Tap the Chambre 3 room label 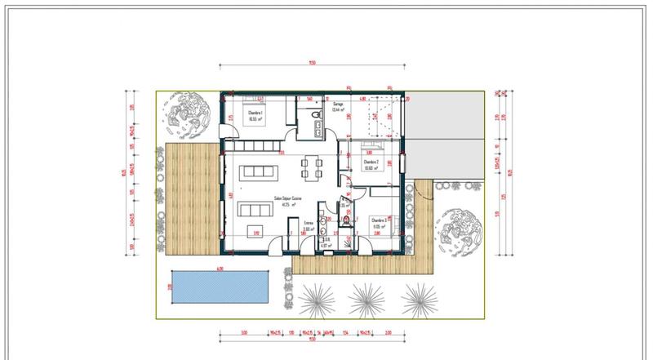377,220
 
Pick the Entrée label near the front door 309,222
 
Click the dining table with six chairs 311,168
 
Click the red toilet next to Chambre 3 347,220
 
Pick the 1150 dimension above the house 312,64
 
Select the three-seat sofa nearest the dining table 261,172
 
